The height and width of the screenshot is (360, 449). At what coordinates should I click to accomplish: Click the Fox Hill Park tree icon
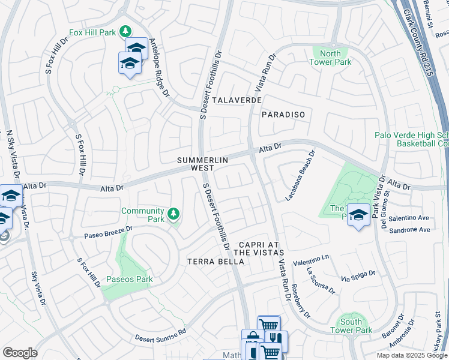click(125, 31)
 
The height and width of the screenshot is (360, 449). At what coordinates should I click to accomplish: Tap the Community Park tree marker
click(173, 214)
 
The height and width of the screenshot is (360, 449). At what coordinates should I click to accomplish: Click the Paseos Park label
click(129, 279)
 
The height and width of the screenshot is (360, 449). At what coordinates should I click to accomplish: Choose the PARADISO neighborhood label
click(283, 114)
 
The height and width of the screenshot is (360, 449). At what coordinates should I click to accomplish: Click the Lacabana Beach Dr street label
click(300, 175)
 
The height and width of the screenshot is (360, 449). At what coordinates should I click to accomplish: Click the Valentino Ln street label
click(311, 259)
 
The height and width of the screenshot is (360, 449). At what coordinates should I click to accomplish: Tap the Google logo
click(20, 353)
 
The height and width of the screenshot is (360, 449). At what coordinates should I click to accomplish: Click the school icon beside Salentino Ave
click(358, 215)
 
